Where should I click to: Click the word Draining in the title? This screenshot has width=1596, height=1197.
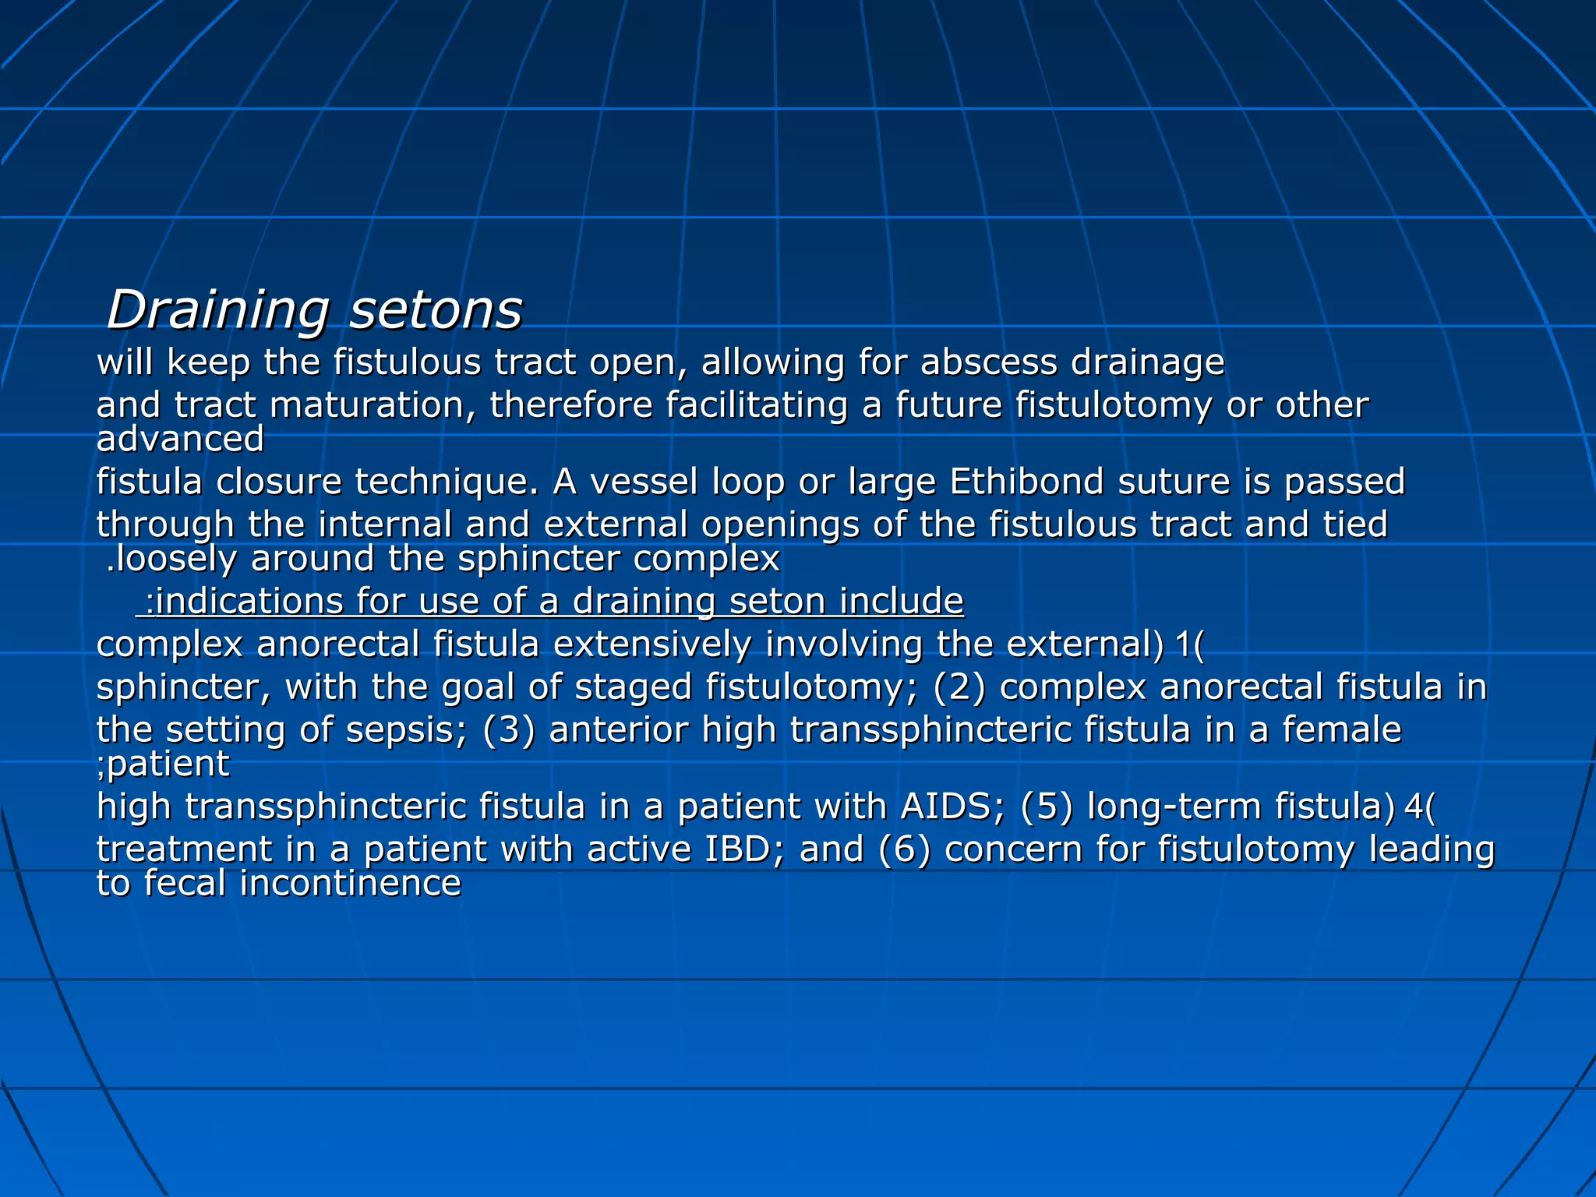[217, 311]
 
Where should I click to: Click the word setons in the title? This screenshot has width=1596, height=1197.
[436, 311]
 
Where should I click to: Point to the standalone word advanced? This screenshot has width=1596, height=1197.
[180, 439]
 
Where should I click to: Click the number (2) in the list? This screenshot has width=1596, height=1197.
[959, 687]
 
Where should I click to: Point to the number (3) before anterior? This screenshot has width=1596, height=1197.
[508, 730]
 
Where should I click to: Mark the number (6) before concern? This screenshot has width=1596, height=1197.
[904, 849]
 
